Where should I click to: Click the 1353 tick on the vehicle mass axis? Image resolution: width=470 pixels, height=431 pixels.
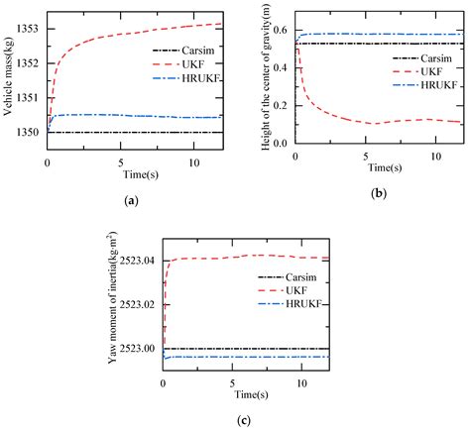tap(27, 28)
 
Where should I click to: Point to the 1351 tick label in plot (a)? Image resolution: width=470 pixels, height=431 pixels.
tap(27, 97)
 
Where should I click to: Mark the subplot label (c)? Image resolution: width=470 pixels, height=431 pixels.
tap(244, 419)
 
